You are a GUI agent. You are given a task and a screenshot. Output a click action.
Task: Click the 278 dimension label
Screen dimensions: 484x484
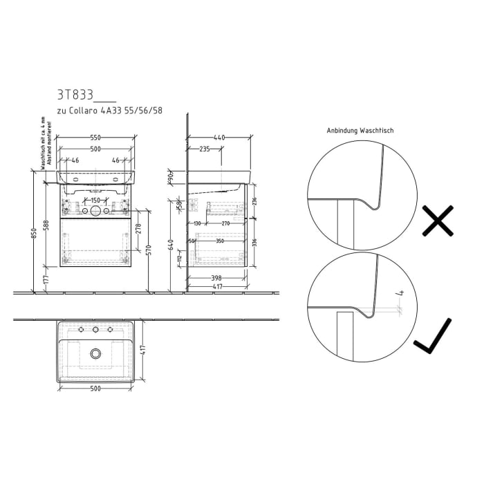(x=139, y=227)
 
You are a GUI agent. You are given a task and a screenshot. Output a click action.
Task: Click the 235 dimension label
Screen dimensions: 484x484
(x=205, y=149)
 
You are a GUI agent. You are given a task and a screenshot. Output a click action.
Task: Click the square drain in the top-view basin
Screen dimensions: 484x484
(x=95, y=354)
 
